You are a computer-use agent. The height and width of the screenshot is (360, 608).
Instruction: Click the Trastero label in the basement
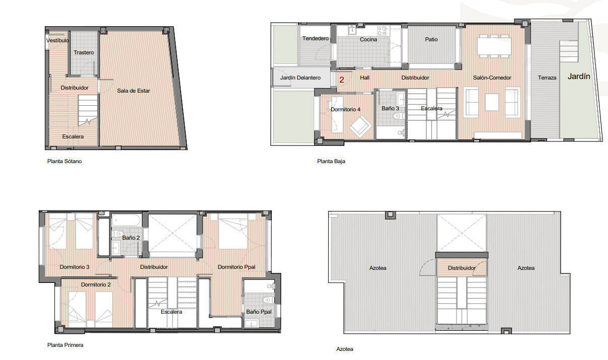(84, 52)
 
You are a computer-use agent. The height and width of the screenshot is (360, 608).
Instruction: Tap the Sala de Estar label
(133, 91)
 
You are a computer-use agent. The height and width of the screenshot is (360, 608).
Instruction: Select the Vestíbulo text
(57, 40)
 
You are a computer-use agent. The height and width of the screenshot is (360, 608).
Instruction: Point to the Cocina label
(368, 39)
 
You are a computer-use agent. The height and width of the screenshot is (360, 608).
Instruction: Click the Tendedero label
(315, 38)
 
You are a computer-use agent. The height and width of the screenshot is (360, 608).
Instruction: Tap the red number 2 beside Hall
(342, 79)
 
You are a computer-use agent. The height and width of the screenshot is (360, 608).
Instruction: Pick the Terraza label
(547, 78)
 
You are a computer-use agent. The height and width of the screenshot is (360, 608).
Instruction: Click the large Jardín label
(579, 77)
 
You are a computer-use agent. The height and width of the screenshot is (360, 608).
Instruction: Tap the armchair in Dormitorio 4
(361, 126)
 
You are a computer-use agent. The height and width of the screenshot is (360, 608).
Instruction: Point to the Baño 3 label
(390, 108)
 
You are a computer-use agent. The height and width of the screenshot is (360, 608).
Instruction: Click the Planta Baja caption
(331, 162)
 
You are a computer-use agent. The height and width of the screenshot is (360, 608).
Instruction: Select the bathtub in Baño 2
(127, 220)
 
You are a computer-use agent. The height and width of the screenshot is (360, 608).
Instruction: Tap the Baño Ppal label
(259, 312)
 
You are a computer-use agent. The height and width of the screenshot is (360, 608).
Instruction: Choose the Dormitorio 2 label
(96, 284)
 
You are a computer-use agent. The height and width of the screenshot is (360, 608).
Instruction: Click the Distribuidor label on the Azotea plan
(462, 268)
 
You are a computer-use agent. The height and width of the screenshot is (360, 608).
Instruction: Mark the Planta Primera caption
(65, 345)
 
